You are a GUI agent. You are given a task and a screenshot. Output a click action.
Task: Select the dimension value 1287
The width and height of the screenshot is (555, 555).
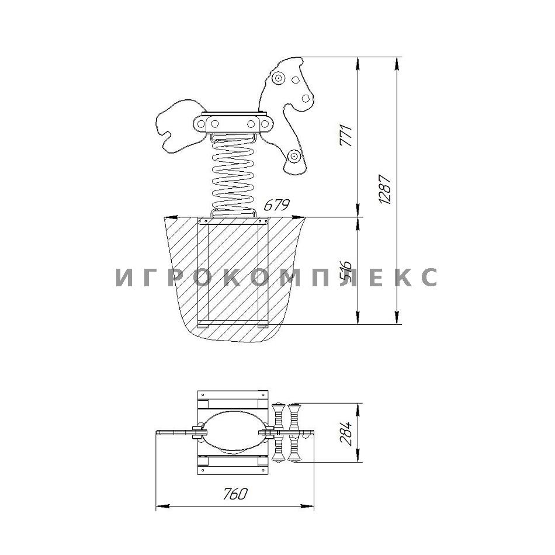coord(385,189)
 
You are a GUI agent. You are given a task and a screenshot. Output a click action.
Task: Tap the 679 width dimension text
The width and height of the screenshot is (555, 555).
coord(277,204)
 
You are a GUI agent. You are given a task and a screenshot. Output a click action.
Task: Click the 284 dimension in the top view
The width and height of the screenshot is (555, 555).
coord(346,433)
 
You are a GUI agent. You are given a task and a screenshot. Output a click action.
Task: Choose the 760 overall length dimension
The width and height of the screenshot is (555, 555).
coord(235,494)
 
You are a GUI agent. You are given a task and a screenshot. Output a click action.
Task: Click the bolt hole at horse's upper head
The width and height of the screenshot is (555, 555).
coord(279,78)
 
